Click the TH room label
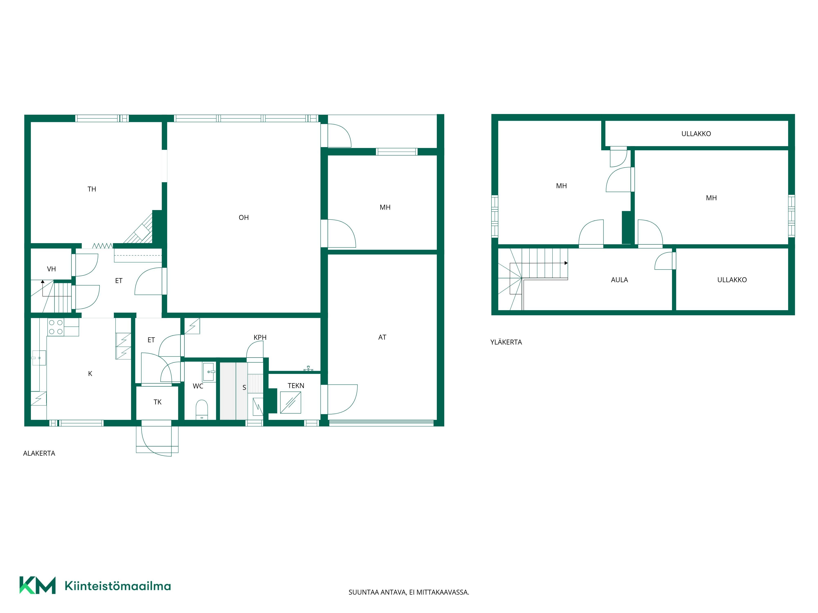[92, 189]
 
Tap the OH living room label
[244, 218]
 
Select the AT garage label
[382, 337]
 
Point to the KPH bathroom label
[260, 337]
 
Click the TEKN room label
[296, 386]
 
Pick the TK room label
[157, 402]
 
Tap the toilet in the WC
[202, 409]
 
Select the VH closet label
[51, 269]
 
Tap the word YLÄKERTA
[506, 342]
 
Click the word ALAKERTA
[39, 453]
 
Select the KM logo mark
[38, 585]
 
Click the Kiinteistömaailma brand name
[118, 586]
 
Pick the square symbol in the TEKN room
[291, 402]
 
